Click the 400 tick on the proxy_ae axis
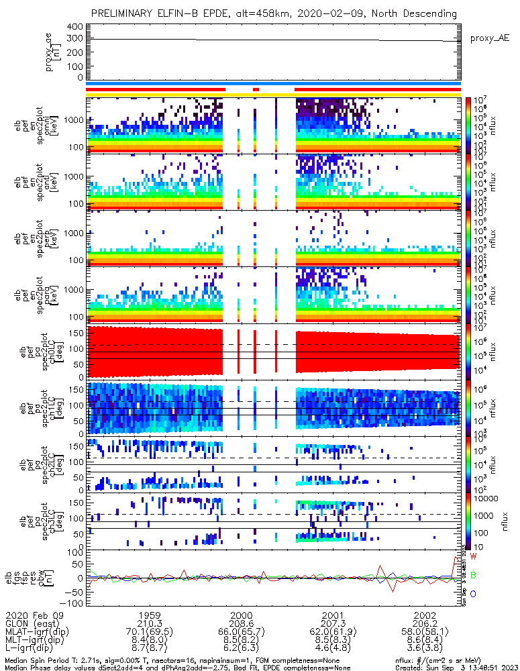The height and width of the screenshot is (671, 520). [x=74, y=26]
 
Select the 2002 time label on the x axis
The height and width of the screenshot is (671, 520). [x=425, y=615]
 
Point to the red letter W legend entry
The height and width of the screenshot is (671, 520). [x=473, y=556]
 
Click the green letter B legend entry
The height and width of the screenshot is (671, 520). [x=473, y=575]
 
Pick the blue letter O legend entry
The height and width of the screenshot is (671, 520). [x=473, y=594]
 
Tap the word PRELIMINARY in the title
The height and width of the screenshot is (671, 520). [x=129, y=13]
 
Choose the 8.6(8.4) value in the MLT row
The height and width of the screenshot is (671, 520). [x=425, y=641]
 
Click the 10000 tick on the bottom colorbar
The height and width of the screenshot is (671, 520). [x=486, y=499]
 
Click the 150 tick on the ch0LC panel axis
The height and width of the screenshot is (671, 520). [x=74, y=332]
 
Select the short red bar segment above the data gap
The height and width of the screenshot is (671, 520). [x=255, y=89]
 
